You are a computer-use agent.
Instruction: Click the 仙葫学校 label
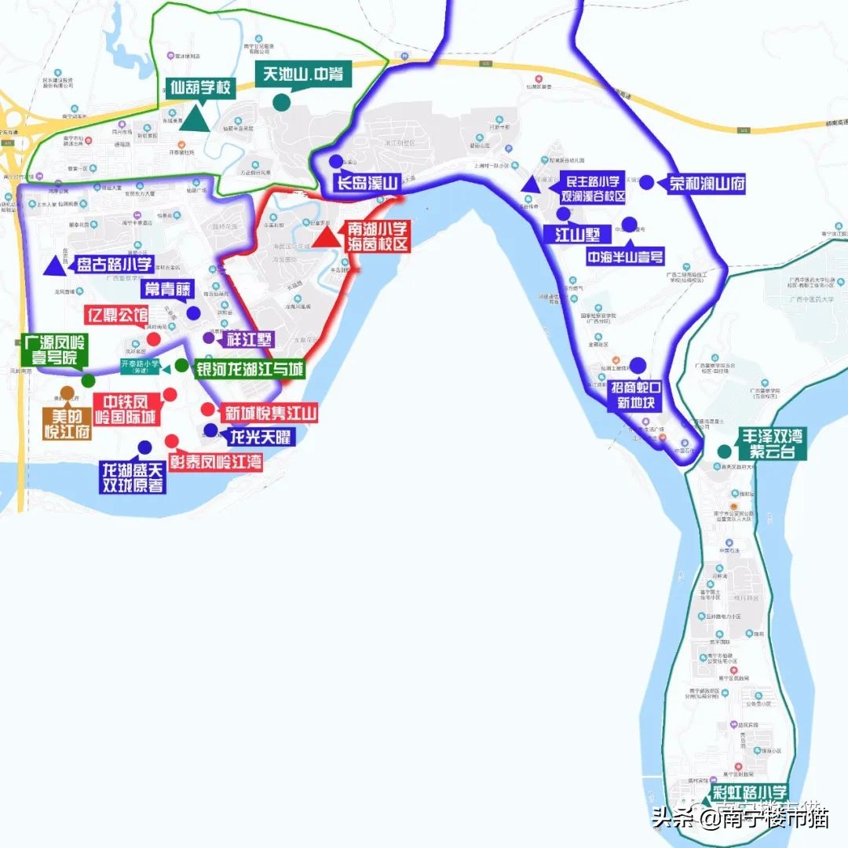tap(201, 88)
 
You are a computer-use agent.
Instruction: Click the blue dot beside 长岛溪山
tap(335, 161)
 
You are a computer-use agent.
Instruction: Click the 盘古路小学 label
tap(114, 264)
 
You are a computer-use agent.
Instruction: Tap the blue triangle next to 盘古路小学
tap(54, 265)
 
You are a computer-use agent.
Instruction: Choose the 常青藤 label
tap(166, 288)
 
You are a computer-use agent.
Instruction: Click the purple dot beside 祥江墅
tap(207, 338)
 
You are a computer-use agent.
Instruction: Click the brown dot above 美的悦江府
tap(67, 393)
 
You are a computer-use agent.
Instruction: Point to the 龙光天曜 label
tap(258, 436)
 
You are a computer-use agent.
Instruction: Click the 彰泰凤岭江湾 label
tap(216, 461)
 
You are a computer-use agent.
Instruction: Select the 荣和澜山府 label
tap(706, 185)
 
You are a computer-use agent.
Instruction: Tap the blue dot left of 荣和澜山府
tap(646, 182)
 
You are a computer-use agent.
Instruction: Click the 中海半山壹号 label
tap(625, 256)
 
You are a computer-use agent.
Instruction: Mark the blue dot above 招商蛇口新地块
tap(638, 365)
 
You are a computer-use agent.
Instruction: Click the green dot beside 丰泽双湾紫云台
tap(723, 451)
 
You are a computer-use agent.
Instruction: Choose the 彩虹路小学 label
tap(749, 792)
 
